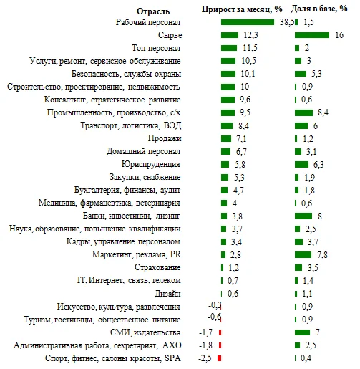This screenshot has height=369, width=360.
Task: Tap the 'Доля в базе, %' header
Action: click(321, 9)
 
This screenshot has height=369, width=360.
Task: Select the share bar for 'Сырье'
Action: click(311, 35)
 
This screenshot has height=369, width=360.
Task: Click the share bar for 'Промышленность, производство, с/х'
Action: click(303, 112)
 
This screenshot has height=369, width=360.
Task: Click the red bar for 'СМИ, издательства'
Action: click(220, 332)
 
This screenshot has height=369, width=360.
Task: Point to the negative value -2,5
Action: click(206, 358)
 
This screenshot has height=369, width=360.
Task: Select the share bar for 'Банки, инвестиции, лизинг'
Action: click(303, 216)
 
